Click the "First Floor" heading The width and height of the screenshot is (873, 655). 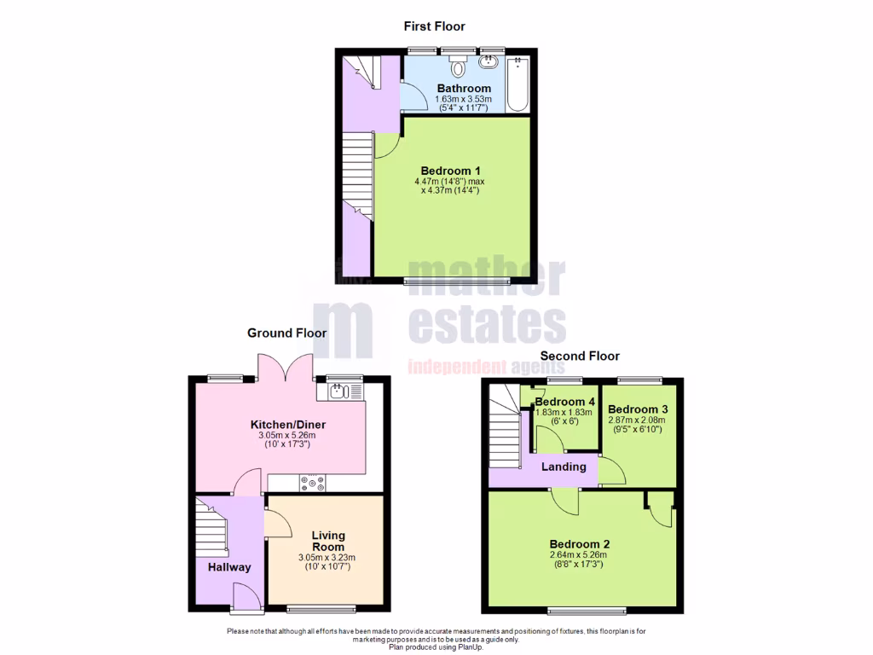(434, 26)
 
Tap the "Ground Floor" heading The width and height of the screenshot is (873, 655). (286, 333)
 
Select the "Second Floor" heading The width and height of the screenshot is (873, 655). (580, 356)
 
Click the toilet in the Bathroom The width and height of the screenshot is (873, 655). (459, 67)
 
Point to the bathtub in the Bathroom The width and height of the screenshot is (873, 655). (517, 84)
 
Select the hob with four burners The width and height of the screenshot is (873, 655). (312, 484)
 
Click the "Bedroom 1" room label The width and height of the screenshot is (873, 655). (448, 171)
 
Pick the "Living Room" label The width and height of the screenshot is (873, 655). (327, 541)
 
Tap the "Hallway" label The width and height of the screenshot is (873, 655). (230, 567)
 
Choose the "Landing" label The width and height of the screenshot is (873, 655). (564, 467)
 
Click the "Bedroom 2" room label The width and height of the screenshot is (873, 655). (580, 544)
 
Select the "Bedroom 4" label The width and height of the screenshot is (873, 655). (565, 402)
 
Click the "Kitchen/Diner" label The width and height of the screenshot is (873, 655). (288, 425)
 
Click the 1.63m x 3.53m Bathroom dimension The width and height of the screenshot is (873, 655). (464, 99)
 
